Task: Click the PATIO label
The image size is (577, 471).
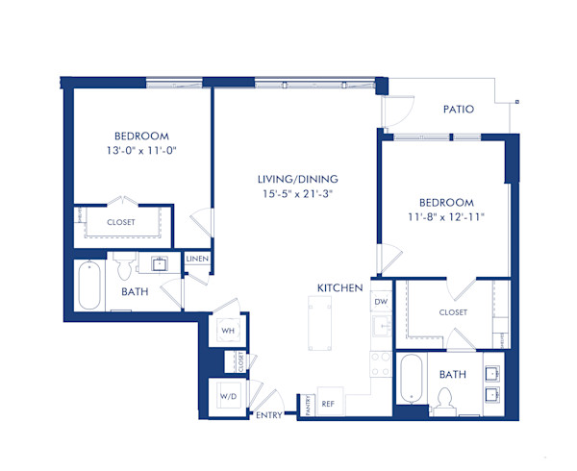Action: coord(458,110)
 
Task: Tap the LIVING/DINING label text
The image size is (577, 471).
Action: coord(297,180)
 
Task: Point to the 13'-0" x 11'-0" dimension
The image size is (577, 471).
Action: coord(142,150)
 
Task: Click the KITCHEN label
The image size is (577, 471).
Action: coord(340,288)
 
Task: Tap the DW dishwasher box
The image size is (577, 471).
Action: coord(381,302)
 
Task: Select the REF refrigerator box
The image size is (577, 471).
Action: coord(327,404)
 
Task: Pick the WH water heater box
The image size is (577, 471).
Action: coord(228,331)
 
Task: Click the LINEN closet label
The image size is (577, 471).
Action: coord(197,259)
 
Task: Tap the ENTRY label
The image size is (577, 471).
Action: coord(268,416)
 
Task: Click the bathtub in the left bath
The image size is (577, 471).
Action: coord(88,285)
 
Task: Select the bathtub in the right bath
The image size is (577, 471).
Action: coord(411,378)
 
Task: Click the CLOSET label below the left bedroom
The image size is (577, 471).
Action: coord(121,222)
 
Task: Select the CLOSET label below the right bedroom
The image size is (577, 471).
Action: coord(453,312)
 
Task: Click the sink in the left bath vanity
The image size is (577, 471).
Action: coord(158,262)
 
